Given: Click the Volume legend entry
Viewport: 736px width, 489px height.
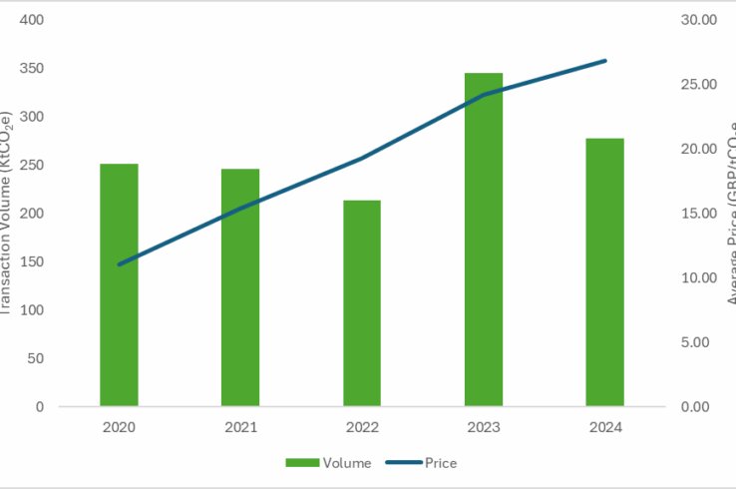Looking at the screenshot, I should point(328,462).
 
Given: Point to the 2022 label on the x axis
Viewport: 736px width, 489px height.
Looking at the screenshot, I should point(362,427).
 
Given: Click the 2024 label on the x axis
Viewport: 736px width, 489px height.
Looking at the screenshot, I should point(605,427).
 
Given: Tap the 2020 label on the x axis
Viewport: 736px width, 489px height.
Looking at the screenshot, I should point(119,427).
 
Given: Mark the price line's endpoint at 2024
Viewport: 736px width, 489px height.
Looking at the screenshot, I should point(605,61).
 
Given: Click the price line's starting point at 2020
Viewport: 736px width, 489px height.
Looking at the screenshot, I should point(119,264).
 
